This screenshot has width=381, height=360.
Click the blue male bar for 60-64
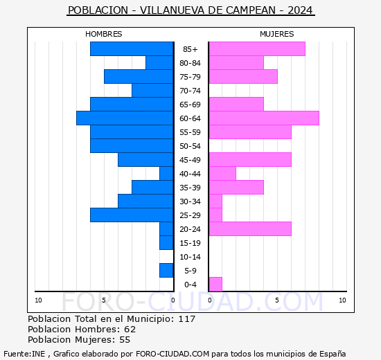coord(125,118)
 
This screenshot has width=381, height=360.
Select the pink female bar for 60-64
coord(263,118)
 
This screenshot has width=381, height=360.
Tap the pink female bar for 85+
coord(256,48)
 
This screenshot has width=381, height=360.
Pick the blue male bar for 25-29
coord(132,215)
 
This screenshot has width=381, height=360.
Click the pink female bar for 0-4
coord(215,284)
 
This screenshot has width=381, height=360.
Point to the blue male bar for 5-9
coord(166,270)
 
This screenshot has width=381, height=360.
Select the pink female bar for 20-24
coord(249,228)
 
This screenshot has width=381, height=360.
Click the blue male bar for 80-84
coord(159,62)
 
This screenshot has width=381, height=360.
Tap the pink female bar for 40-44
coord(222,173)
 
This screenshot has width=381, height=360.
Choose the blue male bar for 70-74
coord(152,90)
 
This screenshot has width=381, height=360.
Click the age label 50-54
coord(190,146)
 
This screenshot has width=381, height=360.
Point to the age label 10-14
coord(190,257)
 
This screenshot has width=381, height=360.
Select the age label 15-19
coord(190,243)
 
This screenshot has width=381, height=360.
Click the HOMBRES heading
coord(104,34)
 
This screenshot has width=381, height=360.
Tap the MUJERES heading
coord(276,34)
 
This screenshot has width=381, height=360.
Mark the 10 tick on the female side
coord(342,300)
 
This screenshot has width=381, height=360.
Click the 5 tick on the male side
coord(104,300)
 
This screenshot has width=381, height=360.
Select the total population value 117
coord(186,319)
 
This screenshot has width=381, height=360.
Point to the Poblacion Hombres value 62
coord(130,330)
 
